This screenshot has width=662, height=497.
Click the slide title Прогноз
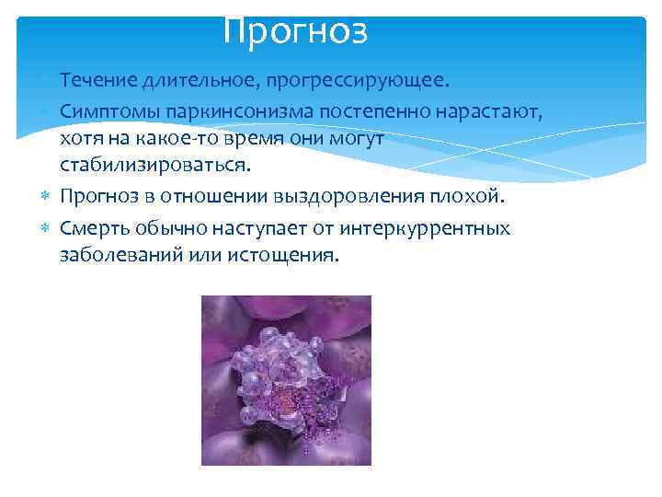tap(295, 31)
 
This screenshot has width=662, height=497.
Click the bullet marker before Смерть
tap(48, 226)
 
